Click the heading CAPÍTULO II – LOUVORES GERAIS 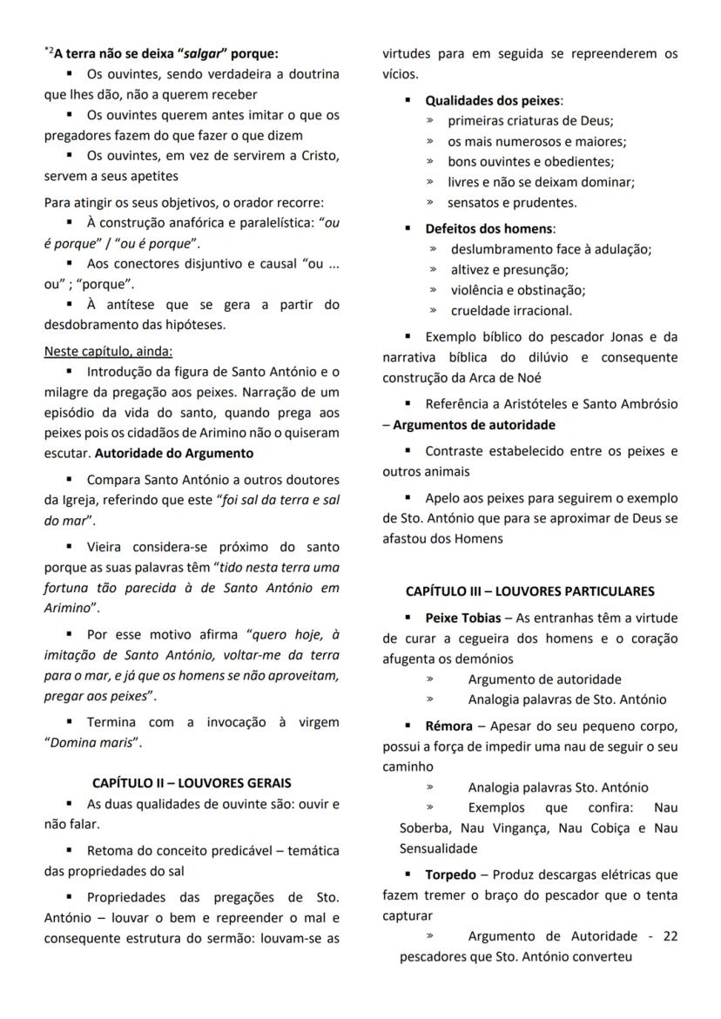click(x=192, y=782)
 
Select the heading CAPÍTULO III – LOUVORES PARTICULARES click(x=529, y=591)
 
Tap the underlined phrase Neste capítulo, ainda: click(x=109, y=352)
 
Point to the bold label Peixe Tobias click(x=463, y=618)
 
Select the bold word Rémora click(x=448, y=725)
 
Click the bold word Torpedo click(x=450, y=874)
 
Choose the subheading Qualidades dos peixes click(x=493, y=101)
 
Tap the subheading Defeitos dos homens click(x=489, y=228)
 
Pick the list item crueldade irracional click(x=511, y=310)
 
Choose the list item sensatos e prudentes click(x=512, y=202)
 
